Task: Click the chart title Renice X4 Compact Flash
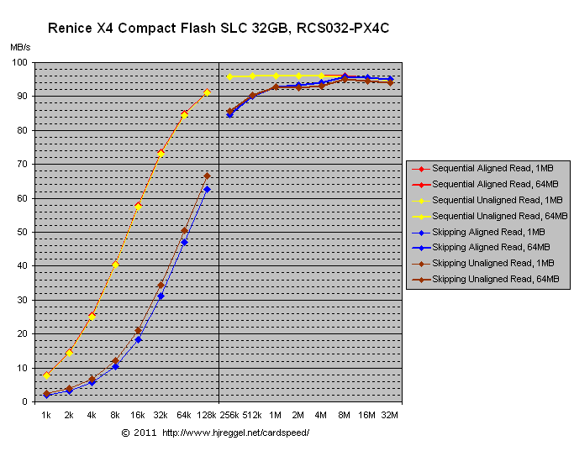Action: click(219, 28)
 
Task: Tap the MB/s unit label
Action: click(21, 48)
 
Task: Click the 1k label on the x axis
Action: click(46, 415)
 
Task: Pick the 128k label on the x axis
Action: click(207, 415)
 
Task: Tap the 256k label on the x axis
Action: click(229, 415)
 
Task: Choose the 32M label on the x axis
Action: click(390, 415)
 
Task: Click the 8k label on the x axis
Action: click(115, 415)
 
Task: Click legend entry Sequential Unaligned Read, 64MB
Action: click(492, 216)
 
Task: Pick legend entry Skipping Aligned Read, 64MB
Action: click(491, 247)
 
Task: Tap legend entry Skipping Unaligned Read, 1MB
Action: click(492, 263)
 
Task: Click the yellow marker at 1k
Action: click(47, 375)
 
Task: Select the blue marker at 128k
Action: click(207, 189)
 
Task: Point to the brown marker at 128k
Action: click(207, 176)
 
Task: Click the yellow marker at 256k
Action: click(229, 76)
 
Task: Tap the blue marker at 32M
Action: click(390, 79)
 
